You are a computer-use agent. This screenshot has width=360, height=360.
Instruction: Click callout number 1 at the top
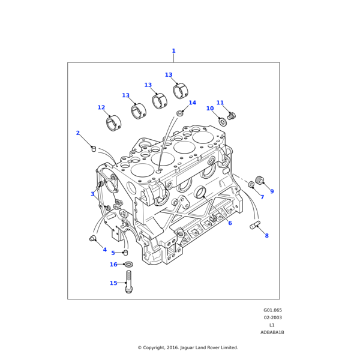coord(173,51)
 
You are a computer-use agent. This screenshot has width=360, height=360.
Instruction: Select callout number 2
coord(77,133)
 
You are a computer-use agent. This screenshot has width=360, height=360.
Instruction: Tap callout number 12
coord(101,108)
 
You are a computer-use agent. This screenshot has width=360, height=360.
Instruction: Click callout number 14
coord(192,103)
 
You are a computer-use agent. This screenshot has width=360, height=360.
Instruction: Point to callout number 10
coord(210,109)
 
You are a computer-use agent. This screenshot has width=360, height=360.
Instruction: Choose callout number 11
coord(220,103)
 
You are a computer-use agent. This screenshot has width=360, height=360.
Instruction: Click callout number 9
coord(272,191)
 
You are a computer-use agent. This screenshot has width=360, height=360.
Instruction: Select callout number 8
coord(266,236)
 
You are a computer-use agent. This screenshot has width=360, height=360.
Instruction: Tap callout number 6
coord(230,223)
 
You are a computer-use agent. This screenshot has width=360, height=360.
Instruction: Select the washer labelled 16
coord(128,264)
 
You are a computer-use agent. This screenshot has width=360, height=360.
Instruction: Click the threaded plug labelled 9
coord(260,180)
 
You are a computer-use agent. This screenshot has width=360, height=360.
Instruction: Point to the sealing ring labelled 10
coord(223,122)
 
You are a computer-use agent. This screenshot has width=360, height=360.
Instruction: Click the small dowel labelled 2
coord(94,148)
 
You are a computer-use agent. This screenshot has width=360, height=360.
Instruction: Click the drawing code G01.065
coord(272,310)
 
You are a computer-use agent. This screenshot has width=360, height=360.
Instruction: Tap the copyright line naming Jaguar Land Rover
coord(188,347)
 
